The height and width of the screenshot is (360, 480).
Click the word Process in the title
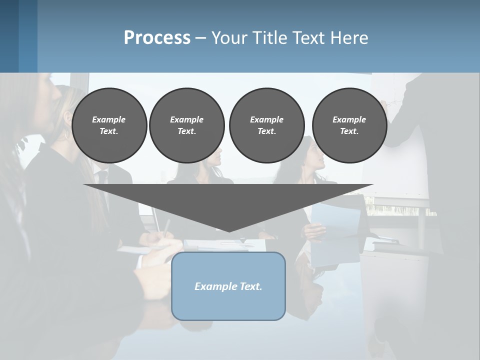pos(157,38)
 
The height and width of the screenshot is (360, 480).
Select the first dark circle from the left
pos(109,125)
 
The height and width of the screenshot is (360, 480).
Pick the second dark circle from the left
pos(186,125)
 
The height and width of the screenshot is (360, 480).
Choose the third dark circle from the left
pos(266,125)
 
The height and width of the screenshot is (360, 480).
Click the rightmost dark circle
pos(349,125)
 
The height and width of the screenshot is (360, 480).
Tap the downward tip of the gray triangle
pos(229,230)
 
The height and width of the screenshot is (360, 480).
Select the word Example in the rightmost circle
pos(349,119)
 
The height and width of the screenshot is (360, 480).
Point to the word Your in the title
pos(227,38)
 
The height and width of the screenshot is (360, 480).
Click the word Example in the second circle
pos(186,119)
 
